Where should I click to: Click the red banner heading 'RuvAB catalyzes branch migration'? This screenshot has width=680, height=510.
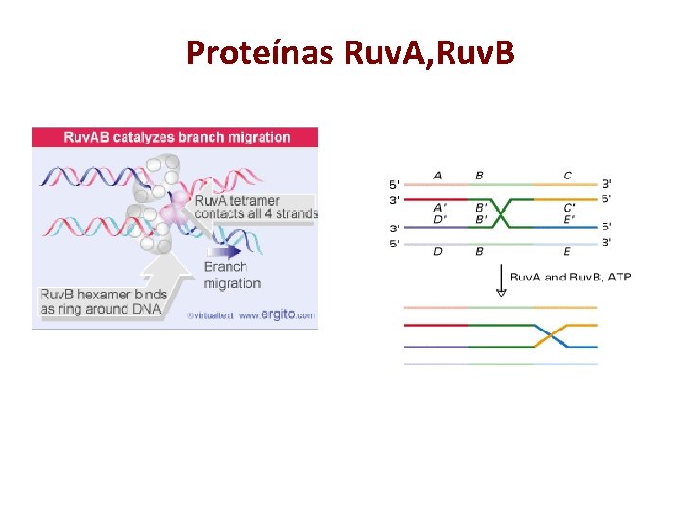point(177,137)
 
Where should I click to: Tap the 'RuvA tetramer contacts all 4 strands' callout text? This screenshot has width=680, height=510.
point(256,207)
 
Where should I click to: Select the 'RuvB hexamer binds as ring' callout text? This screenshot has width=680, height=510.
point(100,301)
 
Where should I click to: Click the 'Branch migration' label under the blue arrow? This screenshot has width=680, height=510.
point(232,275)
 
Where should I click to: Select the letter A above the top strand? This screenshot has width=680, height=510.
point(438,175)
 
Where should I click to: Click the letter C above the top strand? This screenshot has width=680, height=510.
point(567,175)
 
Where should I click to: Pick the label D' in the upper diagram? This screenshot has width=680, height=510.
point(439,220)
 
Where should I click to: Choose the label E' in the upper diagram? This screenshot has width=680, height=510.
point(568,220)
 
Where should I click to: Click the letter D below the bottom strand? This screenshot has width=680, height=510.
point(438,252)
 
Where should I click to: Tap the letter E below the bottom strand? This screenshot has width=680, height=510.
point(567,252)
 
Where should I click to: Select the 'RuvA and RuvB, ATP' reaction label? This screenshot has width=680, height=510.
point(570,277)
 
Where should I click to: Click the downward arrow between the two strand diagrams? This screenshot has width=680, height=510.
point(501,281)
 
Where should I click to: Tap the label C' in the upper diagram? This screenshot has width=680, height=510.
point(569,208)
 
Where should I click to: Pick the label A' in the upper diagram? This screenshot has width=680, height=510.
point(439,208)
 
